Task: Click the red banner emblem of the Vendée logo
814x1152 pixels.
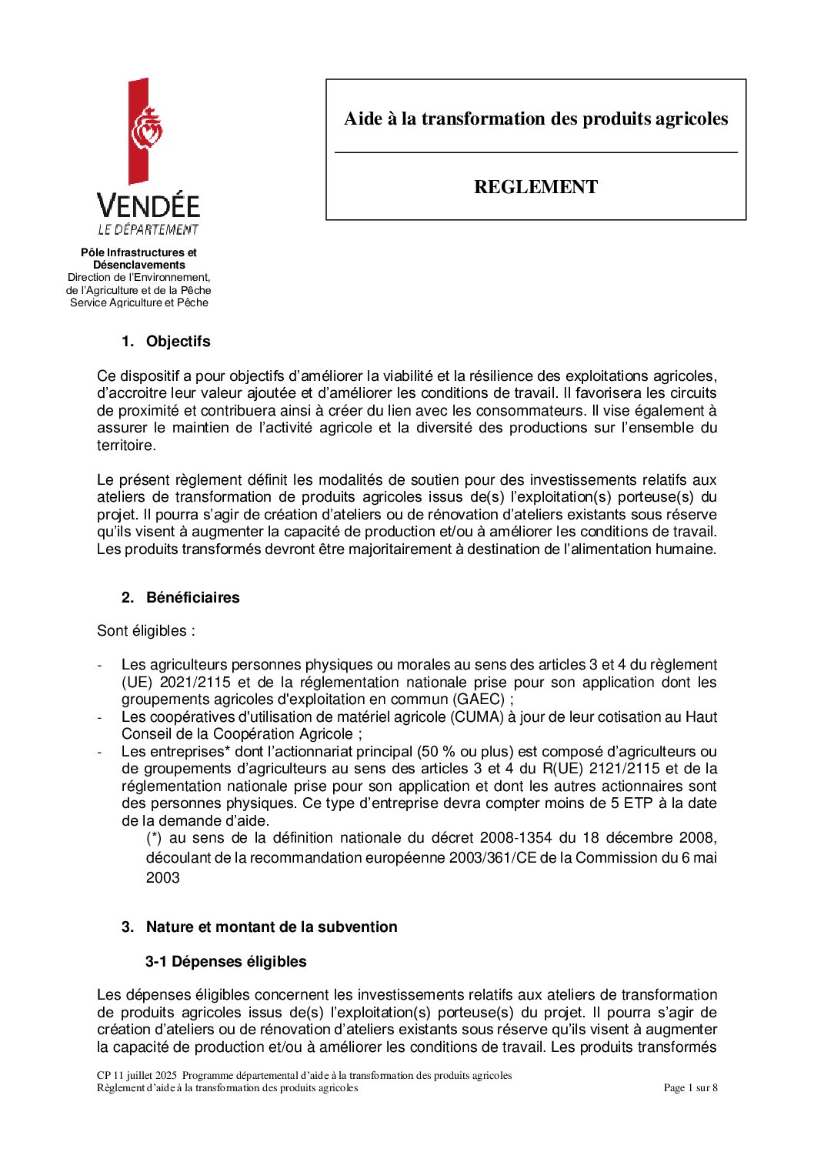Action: coord(139,131)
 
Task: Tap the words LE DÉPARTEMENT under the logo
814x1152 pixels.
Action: coord(148,229)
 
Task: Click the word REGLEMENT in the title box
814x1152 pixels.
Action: coord(535,187)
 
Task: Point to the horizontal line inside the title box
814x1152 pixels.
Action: coord(535,153)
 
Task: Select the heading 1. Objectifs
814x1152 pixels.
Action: coord(165,342)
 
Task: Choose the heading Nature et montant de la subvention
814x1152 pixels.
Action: coord(272,927)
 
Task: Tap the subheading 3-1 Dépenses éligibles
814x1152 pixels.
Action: coord(225,962)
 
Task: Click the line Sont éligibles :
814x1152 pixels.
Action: coord(146,631)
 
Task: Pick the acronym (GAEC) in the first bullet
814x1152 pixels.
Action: coord(480,700)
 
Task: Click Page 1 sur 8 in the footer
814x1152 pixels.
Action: coord(690,1088)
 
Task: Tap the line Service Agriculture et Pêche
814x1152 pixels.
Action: coord(139,303)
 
